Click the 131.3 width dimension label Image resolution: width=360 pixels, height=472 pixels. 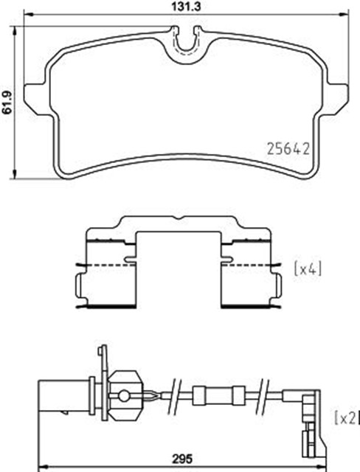pos(186,7)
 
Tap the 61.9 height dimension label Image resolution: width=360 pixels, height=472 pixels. pos(7,102)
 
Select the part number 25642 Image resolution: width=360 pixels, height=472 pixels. pos(288,149)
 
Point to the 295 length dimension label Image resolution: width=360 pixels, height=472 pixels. pos(182,459)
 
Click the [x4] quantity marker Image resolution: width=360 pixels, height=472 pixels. pos(308,268)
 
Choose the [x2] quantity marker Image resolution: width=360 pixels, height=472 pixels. pos(346,418)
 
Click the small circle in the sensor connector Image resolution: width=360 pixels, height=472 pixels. pos(123,396)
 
